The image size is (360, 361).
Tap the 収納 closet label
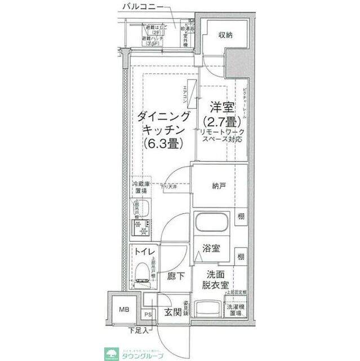click(226, 36)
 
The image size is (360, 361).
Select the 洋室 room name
click(220, 107)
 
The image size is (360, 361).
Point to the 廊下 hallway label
click(176, 276)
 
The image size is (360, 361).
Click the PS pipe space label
click(148, 315)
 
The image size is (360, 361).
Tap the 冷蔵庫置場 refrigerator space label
click(141, 188)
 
